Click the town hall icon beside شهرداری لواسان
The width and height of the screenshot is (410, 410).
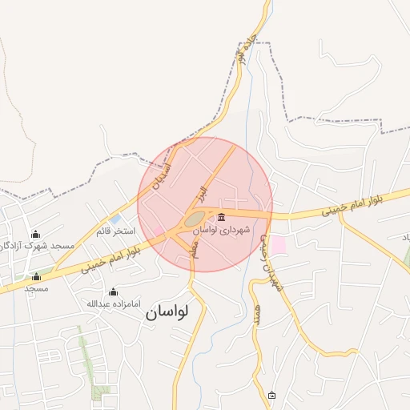pos(221,218)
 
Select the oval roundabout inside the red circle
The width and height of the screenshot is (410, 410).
pos(195,218)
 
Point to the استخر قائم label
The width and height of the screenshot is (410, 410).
pos(115,231)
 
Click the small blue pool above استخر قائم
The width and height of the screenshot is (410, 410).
pos(116,219)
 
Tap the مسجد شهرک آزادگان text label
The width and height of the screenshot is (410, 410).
pos(37,245)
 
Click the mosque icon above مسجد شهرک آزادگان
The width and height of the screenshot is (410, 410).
pos(35,234)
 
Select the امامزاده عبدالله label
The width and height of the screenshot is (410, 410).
pos(114,304)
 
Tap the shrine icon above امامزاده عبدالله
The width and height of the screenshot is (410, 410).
pos(113,291)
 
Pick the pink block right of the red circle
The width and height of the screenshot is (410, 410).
pos(278,245)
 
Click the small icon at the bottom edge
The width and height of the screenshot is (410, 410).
pos(271,396)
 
